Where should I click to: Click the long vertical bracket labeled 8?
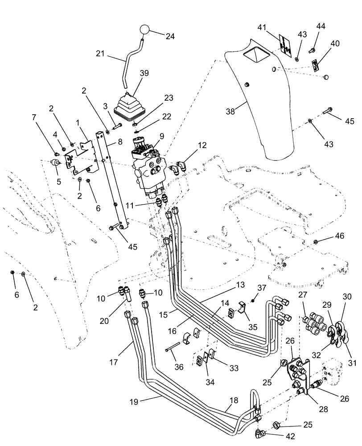point(113,178)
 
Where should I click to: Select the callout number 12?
point(202,145)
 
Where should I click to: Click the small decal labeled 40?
point(315,66)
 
